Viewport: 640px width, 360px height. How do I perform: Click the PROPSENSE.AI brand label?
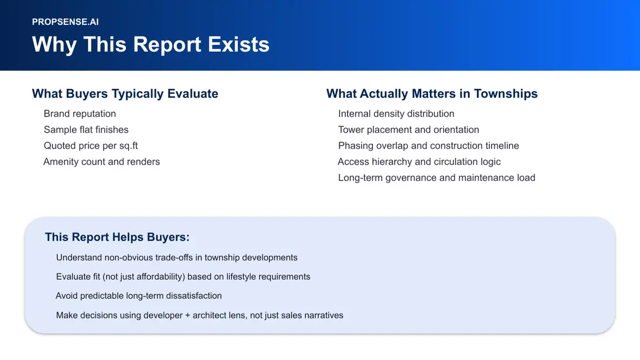point(65,22)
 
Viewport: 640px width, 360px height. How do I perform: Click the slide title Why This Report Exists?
point(150,44)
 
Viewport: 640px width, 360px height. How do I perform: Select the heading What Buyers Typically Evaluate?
point(125,94)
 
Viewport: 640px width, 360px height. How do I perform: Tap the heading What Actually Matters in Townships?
point(431,94)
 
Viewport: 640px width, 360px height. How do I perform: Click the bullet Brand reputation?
point(79,114)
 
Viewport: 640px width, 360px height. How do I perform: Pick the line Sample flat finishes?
point(86,130)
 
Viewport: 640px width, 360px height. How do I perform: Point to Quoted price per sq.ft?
point(91,146)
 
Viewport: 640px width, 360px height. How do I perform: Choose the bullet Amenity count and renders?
point(101,162)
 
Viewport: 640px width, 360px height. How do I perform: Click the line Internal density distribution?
point(396,114)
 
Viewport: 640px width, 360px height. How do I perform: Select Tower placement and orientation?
point(408,130)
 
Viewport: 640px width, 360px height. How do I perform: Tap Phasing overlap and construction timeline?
point(428,146)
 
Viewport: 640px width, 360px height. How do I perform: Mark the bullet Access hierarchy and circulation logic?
point(419,162)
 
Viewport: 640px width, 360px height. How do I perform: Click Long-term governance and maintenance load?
point(436,178)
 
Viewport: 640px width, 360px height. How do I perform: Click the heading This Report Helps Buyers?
point(117,237)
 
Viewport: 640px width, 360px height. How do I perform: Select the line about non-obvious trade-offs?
point(177,258)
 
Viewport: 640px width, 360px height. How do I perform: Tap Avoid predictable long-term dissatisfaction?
point(139,295)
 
